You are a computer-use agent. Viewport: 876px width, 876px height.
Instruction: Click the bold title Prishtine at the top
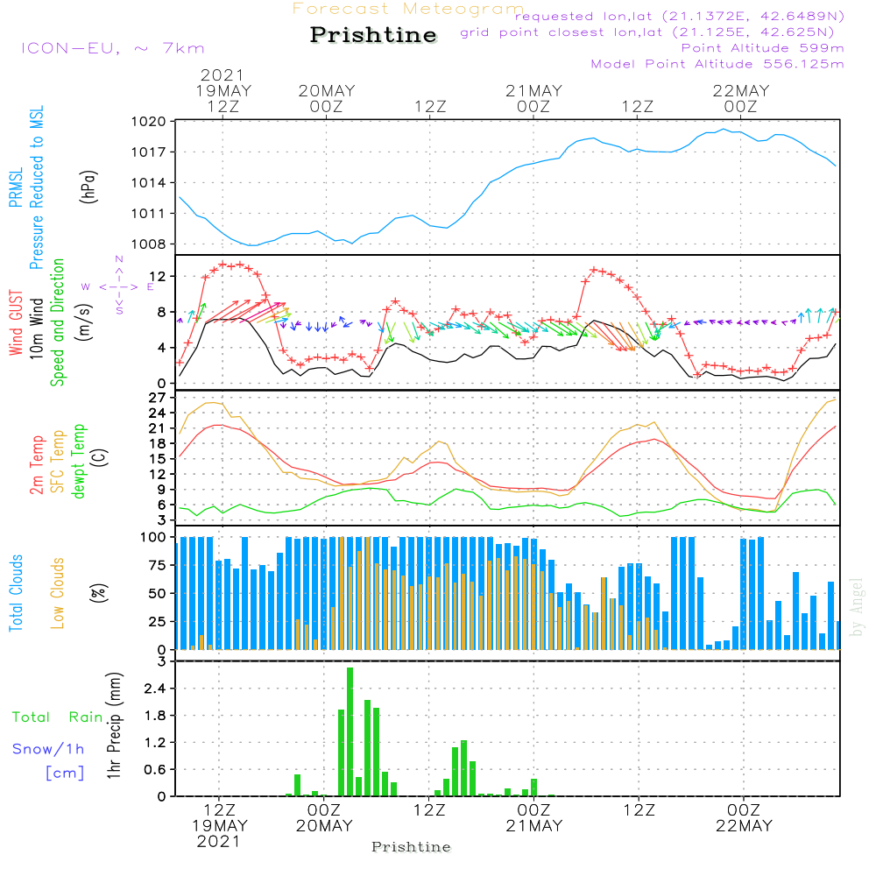tap(373, 35)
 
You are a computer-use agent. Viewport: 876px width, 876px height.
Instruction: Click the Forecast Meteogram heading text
tap(407, 10)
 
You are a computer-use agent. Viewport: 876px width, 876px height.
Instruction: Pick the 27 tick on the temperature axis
tap(158, 398)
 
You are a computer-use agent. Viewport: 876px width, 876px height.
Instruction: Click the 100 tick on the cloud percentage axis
tap(154, 537)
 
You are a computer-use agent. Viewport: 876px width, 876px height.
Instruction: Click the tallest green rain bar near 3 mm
tap(350, 731)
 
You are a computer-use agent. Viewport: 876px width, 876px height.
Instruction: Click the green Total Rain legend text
tap(57, 717)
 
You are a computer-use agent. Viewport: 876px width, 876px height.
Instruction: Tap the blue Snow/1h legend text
tap(48, 750)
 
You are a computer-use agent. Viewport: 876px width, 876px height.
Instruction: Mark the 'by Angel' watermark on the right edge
tap(857, 608)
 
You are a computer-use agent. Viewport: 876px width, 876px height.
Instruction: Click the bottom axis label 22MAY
tap(744, 826)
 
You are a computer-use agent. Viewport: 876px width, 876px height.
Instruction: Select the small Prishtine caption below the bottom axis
tap(411, 847)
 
